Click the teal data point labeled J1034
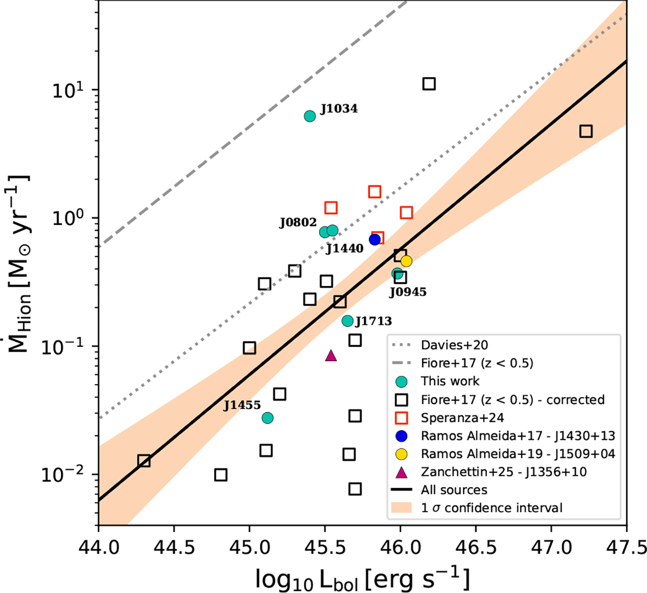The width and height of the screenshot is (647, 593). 309,116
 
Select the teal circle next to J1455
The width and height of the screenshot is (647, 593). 267,418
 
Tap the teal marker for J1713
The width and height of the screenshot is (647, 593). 347,321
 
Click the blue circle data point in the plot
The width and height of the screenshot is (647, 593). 375,240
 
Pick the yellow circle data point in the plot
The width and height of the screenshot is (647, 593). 407,261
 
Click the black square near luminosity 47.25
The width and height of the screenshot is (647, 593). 586,131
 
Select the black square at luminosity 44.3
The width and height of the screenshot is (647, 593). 144,461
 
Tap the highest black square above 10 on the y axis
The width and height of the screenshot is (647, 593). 429,84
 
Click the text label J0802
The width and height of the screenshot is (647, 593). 298,223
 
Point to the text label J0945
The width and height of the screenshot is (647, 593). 408,292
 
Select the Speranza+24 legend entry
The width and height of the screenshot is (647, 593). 462,418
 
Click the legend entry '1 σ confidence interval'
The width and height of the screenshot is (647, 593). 491,508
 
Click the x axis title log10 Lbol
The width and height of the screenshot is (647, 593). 362,578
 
